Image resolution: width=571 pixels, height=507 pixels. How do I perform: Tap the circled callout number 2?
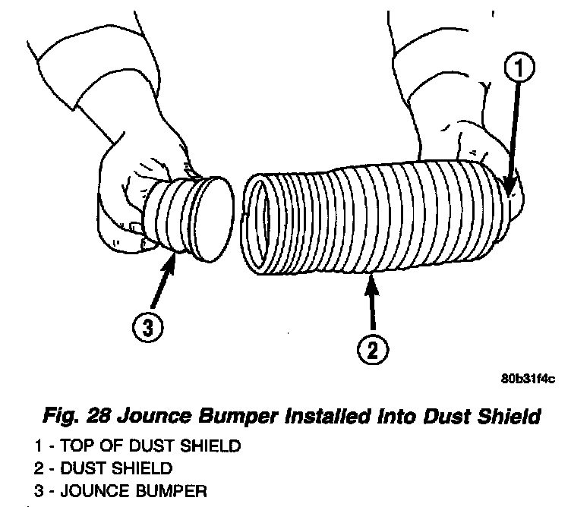tap(372, 351)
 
